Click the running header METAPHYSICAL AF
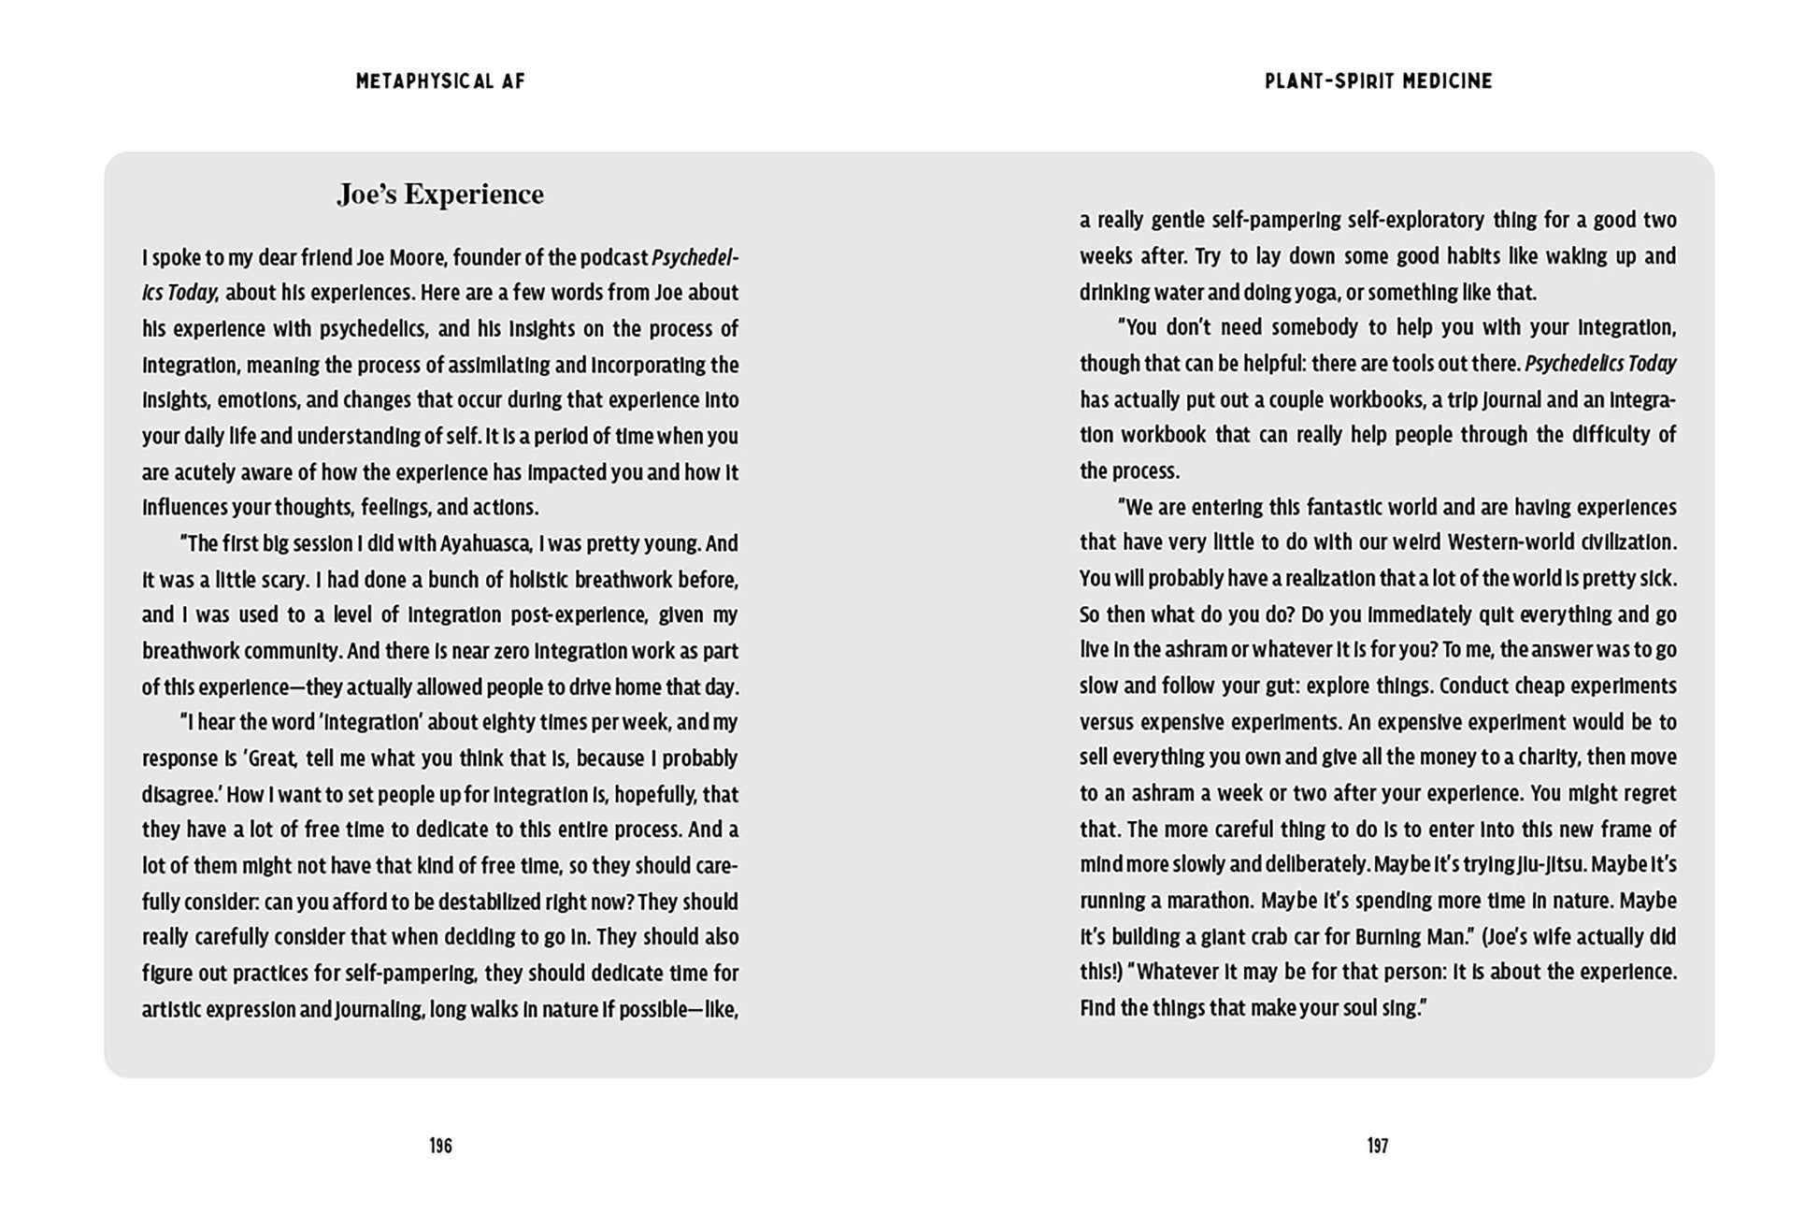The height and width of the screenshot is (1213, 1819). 440,81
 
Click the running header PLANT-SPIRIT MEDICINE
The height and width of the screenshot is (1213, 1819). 1378,81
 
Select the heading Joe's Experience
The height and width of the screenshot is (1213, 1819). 440,195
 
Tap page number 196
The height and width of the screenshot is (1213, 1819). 440,1146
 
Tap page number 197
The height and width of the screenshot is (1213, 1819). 1378,1146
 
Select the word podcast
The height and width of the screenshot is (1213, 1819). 613,257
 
